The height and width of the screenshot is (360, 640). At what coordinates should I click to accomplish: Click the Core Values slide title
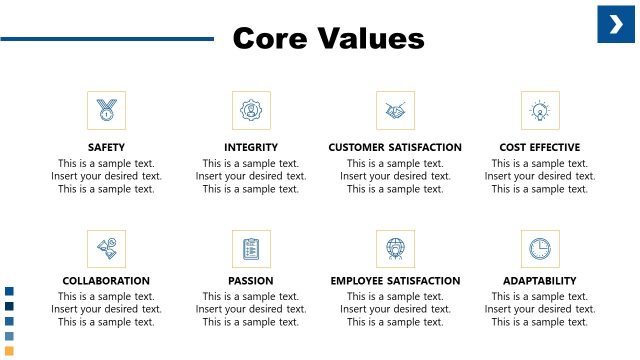pos(328,38)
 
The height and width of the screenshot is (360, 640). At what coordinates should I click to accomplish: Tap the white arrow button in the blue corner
pos(616,24)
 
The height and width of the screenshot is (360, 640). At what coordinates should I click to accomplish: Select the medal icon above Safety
pos(106,110)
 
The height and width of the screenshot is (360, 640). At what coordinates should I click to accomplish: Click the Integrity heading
pos(250,147)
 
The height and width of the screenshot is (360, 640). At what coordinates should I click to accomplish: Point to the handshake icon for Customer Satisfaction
pos(395,110)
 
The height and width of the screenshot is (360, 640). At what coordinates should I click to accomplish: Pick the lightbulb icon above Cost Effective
pos(540,110)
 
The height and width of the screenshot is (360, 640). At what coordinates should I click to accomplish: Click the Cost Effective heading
pos(540,147)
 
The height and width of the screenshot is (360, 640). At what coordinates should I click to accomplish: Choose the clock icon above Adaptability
pos(540,247)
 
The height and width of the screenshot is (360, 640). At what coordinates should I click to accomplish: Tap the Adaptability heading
pos(540,281)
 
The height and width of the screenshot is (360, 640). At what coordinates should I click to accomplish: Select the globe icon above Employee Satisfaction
pos(395,247)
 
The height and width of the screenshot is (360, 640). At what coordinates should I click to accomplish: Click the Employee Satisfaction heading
pos(395,281)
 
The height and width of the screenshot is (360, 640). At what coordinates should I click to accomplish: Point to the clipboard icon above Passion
pos(250,247)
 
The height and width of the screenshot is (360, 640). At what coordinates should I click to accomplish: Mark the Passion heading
pos(250,281)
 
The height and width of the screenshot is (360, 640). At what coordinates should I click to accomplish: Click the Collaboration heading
pos(106,281)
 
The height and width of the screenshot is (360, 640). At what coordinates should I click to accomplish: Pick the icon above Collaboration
pos(106,247)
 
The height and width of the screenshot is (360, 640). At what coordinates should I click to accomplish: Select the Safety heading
pos(106,147)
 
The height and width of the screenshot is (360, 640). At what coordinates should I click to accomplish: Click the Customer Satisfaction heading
pos(395,147)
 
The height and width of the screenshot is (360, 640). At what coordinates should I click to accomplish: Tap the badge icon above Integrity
pos(250,110)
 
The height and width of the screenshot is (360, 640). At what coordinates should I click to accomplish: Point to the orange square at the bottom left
pos(9,350)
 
